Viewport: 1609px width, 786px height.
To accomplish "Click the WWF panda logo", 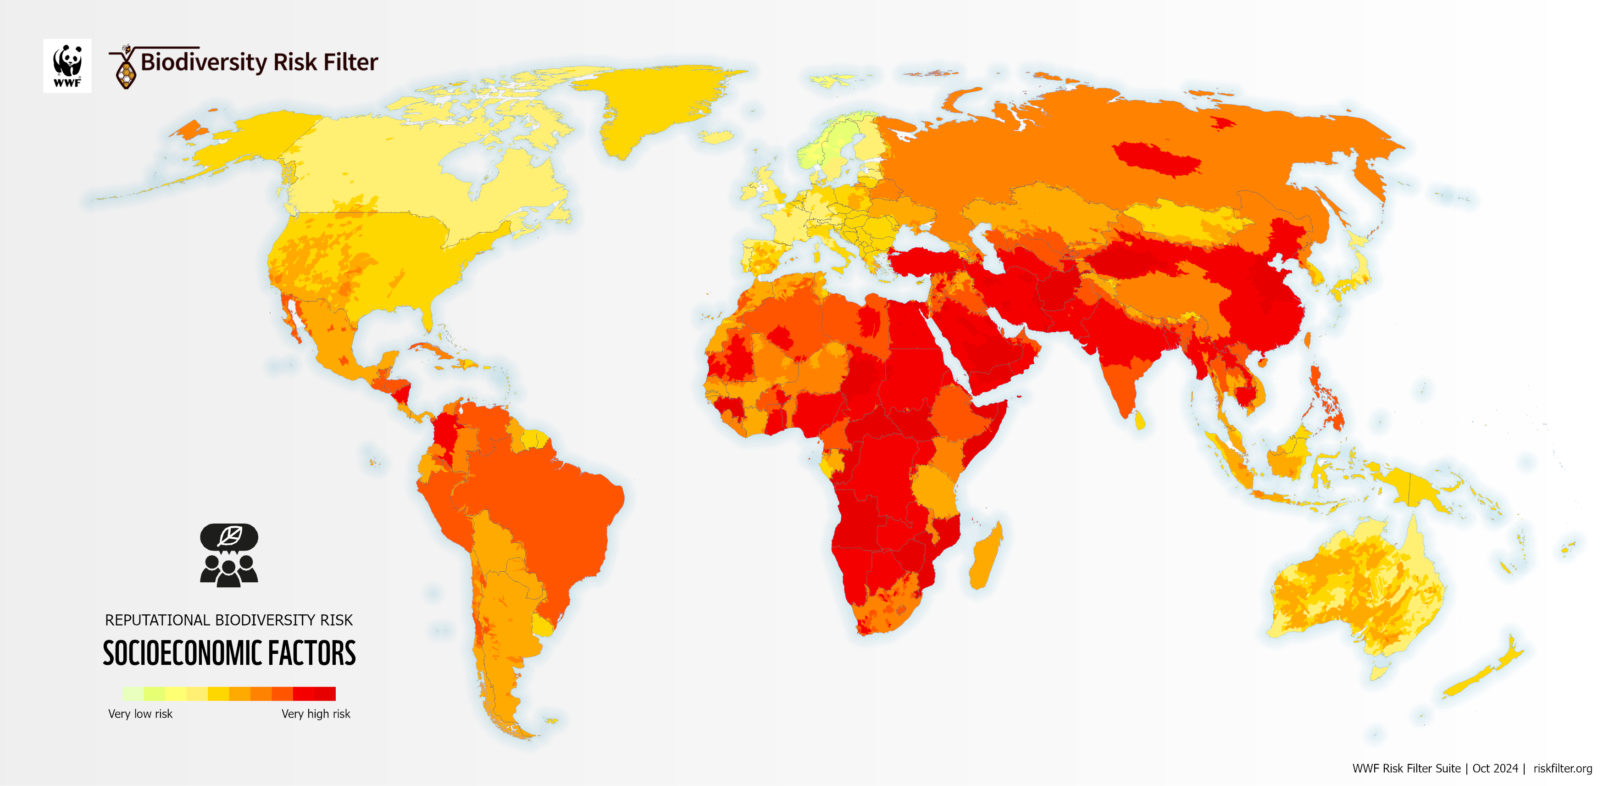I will pos(67,66).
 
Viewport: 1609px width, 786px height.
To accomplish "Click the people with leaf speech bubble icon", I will pos(228,555).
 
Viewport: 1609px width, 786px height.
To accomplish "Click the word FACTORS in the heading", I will pos(312,653).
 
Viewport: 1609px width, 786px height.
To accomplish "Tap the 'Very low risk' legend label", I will pos(140,714).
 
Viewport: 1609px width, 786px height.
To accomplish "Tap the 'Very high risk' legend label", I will pos(316,714).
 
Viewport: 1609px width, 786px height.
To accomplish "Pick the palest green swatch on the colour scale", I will pos(133,693).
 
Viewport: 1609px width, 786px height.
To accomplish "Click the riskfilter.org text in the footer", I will pos(1562,768).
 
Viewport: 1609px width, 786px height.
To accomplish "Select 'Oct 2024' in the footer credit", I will pos(1495,768).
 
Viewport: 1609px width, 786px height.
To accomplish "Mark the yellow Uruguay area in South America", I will pos(542,624).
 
